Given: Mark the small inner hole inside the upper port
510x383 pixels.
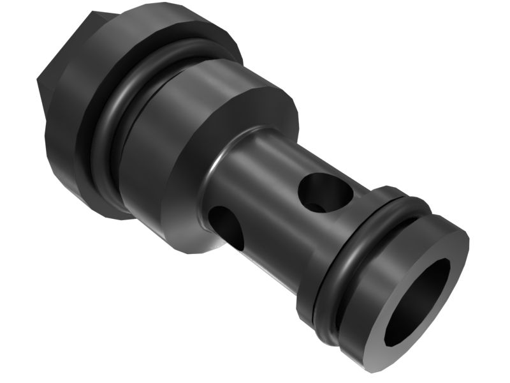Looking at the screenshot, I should tap(316, 206).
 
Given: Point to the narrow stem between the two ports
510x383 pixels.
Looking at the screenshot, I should tap(274, 211).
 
